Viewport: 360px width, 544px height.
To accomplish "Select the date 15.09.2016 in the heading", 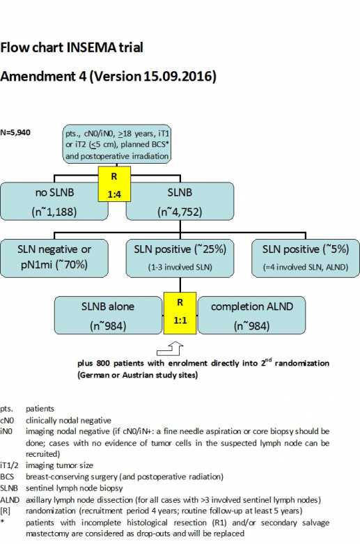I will coord(180,75).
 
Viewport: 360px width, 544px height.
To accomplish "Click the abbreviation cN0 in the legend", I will coord(8,421).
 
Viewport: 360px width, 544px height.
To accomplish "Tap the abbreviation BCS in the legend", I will coord(8,477).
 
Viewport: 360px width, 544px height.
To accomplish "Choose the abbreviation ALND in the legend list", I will coord(10,500).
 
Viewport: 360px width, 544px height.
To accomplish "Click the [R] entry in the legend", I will coord(6,511).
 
